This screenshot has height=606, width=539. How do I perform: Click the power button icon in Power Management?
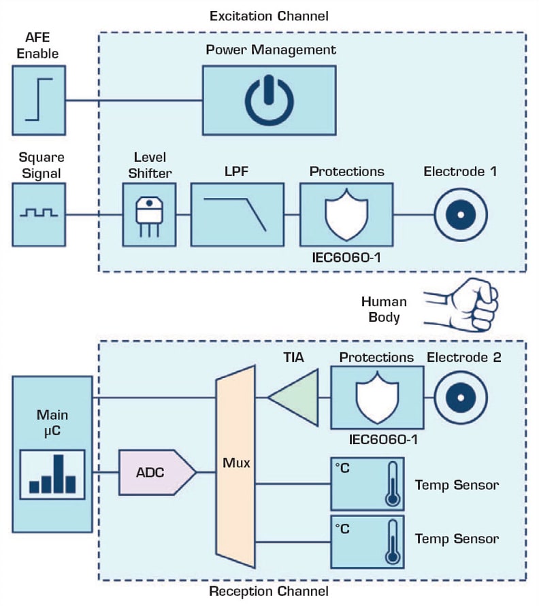tap(269, 101)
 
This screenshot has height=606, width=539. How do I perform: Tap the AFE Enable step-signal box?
tap(39, 100)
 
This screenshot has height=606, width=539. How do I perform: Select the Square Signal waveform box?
tap(39, 214)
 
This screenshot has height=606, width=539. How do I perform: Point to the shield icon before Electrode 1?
tap(346, 214)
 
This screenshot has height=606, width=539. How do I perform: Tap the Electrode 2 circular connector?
tap(459, 397)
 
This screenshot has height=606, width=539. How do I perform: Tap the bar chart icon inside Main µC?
tap(52, 474)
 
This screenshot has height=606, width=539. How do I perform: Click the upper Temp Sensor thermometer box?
tap(367, 485)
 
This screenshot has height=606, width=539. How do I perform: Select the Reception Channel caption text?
tap(268, 592)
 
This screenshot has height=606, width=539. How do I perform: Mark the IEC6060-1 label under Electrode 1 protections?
tap(346, 258)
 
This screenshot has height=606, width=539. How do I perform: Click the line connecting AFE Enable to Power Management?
tap(134, 101)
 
